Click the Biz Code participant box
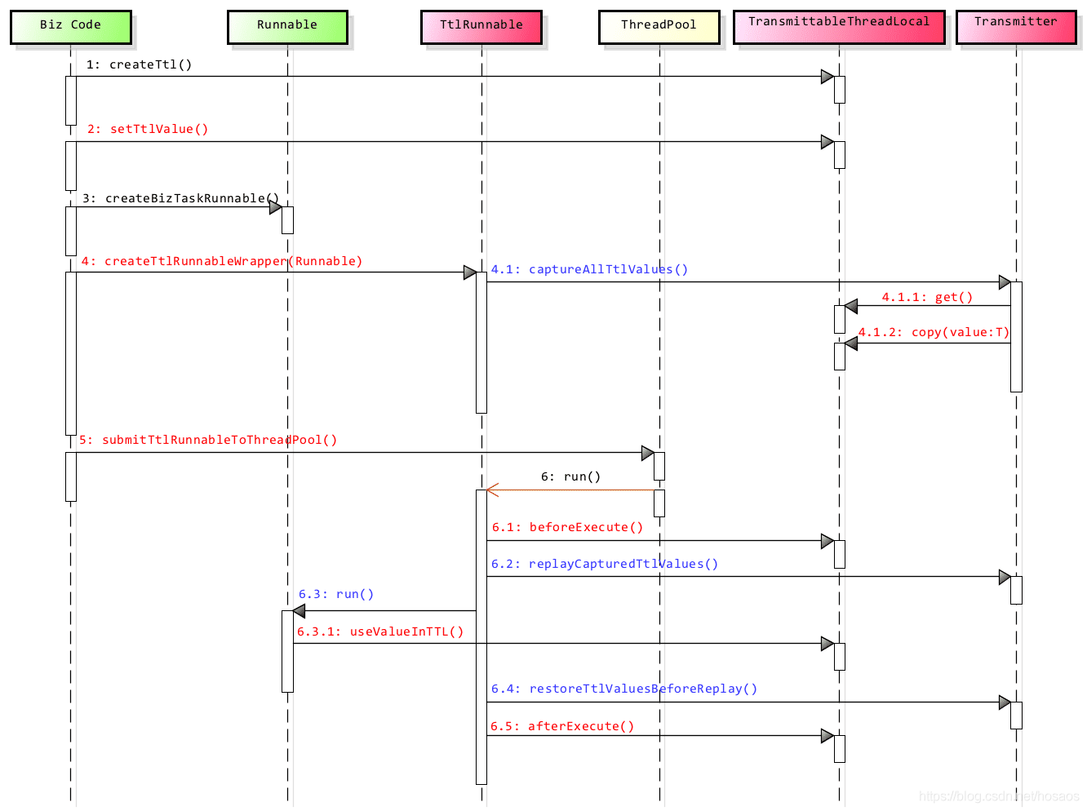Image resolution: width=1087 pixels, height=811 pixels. point(71,26)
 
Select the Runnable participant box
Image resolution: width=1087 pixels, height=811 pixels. point(287,26)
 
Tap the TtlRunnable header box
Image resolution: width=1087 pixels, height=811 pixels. point(481,26)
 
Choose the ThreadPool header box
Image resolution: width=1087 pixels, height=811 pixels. point(659,26)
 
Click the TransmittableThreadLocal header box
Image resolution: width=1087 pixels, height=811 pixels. point(839,25)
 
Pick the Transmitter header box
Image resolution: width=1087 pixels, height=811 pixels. point(1016,25)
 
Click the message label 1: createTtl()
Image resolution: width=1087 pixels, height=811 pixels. point(140,64)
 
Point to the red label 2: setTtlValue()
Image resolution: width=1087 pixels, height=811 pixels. point(148,129)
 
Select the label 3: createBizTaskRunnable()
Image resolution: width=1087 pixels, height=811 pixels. point(180,198)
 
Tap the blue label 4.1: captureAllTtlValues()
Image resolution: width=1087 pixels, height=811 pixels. point(589,269)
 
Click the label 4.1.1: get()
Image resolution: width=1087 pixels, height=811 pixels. point(927,297)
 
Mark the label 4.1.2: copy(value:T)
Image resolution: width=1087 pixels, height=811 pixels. point(934,332)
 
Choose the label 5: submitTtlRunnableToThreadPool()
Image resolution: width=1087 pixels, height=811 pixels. point(208,440)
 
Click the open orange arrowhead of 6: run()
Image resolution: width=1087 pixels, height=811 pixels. point(492,490)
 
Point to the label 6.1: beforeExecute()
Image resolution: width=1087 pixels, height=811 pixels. point(567,527)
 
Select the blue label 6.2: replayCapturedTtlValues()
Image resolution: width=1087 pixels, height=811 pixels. point(605,564)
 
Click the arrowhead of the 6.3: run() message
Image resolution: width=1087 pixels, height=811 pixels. point(299,611)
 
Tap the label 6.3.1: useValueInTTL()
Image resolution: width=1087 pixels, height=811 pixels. point(380,632)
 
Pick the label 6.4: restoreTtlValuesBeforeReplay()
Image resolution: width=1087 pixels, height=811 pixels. point(624,689)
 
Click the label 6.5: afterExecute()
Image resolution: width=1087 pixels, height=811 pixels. point(562,726)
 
